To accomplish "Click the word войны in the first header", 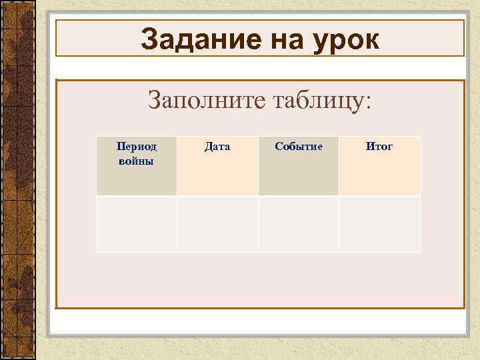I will (136, 161).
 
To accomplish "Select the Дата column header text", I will (217, 147).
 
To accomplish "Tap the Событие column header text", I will (299, 147).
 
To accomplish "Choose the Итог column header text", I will (379, 147).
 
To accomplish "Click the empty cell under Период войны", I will (136, 224).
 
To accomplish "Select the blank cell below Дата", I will (217, 224).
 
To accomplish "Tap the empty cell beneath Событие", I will (299, 224).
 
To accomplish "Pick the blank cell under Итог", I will (379, 224).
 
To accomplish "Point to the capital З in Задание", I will (149, 40).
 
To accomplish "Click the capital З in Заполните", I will (154, 101).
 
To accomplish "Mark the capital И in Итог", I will (369, 147).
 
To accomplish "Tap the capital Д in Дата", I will (208, 147).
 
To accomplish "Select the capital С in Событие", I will (279, 147).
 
